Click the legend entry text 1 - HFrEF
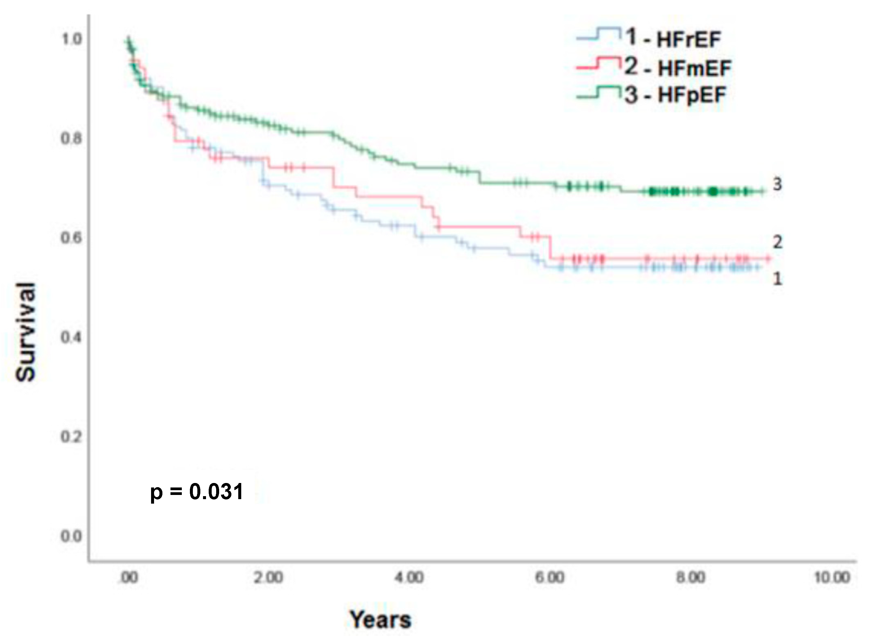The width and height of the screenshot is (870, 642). click(x=672, y=39)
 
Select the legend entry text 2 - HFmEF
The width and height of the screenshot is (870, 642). click(x=677, y=68)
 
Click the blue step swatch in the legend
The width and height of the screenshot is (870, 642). click(x=598, y=34)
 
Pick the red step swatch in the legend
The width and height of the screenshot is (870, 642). click(x=598, y=63)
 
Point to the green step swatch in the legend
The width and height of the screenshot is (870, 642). click(x=598, y=92)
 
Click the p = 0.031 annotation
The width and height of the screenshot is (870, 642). click(x=196, y=492)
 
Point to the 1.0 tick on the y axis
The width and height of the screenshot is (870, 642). click(x=72, y=39)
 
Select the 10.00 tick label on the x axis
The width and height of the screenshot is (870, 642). click(x=832, y=577)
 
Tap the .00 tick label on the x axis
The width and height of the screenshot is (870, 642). click(x=128, y=577)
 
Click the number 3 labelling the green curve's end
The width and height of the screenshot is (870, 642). click(x=777, y=184)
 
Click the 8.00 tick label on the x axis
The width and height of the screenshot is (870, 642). click(x=690, y=577)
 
